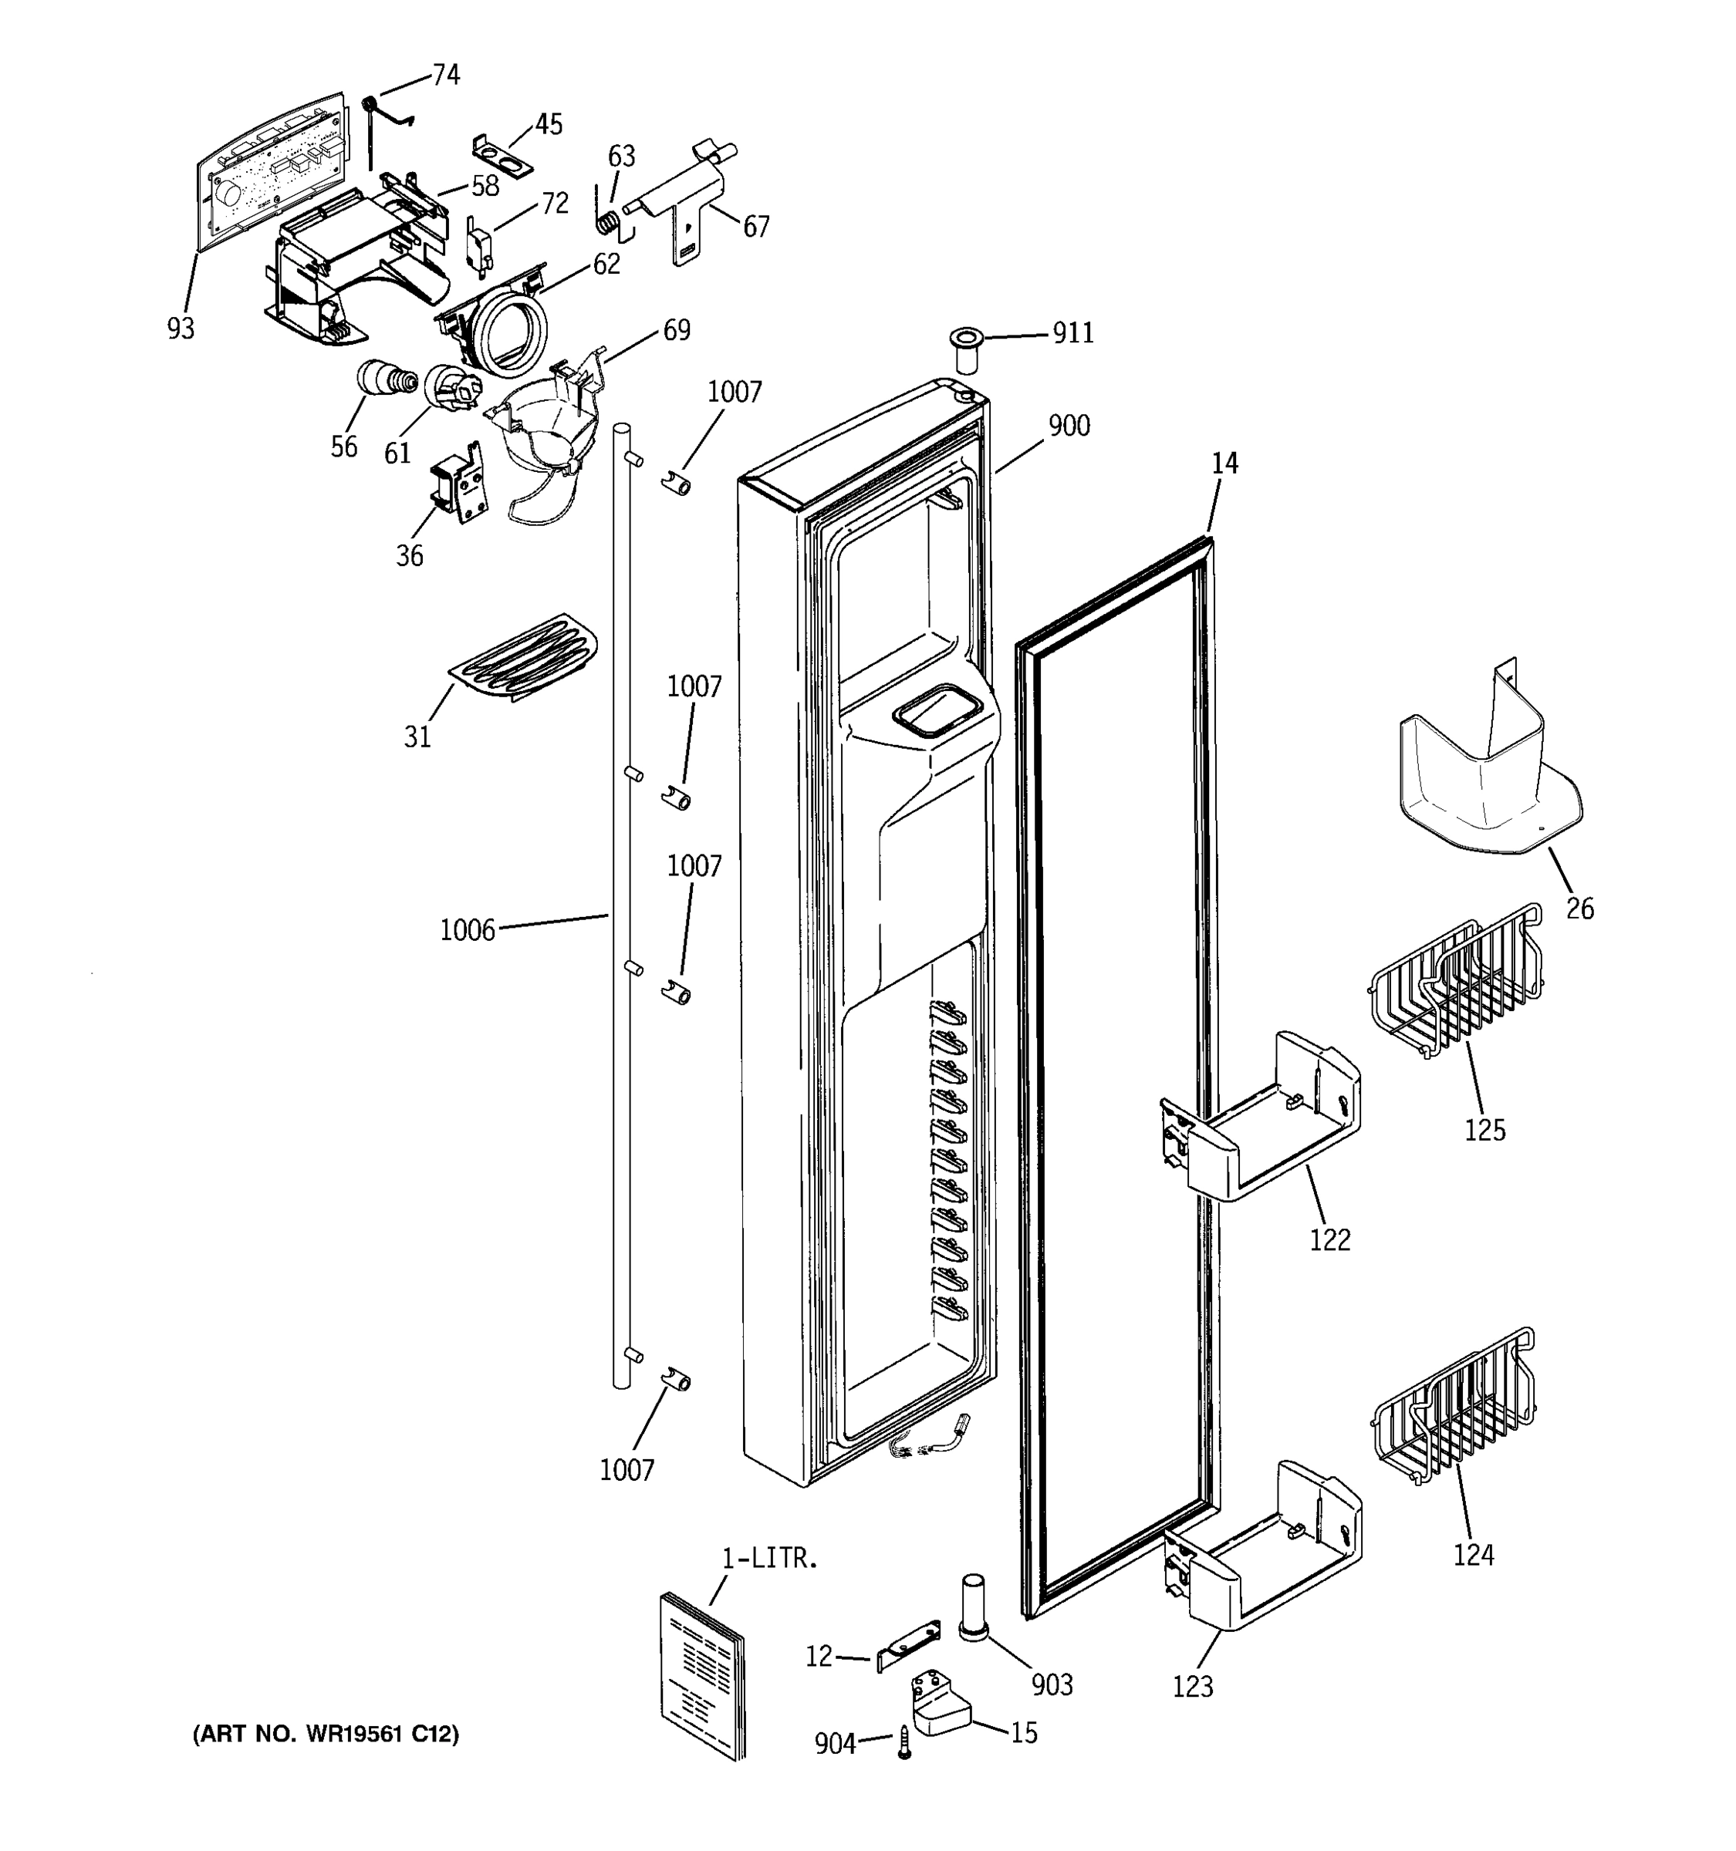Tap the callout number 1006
point(467,930)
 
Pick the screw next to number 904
point(903,1741)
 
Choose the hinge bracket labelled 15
point(940,1707)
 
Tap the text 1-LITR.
point(769,1559)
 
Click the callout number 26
point(1579,908)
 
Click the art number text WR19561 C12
point(325,1735)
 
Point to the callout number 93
point(181,328)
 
